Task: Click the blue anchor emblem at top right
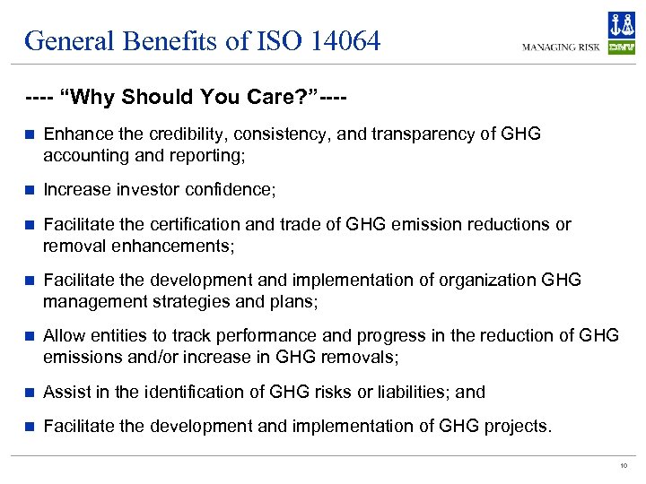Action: (621, 25)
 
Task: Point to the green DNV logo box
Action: (621, 48)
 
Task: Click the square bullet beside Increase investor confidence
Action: (30, 190)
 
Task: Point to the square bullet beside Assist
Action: (30, 392)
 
